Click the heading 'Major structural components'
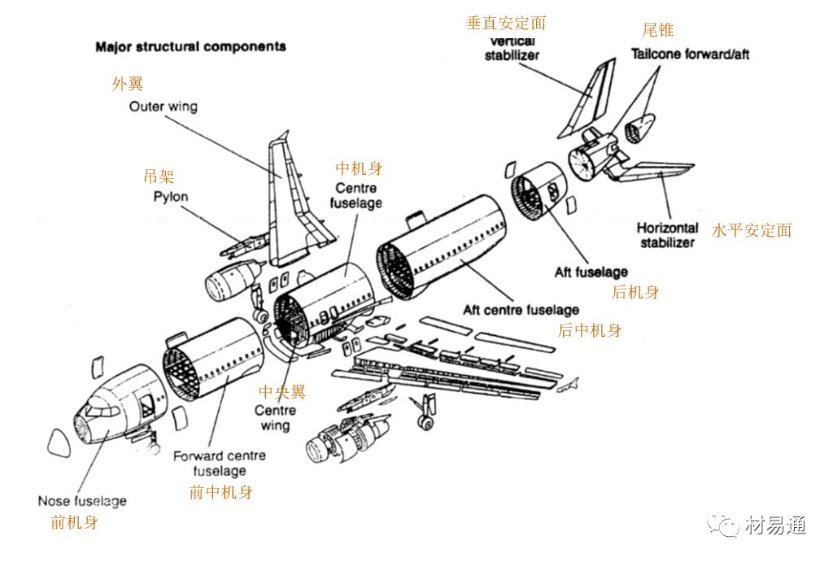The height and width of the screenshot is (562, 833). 190,46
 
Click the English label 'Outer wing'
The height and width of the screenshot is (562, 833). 163,107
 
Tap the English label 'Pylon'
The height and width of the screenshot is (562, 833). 170,197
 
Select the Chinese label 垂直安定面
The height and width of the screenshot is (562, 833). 505,24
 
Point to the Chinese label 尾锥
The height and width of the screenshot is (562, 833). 658,30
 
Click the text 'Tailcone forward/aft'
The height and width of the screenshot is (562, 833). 690,54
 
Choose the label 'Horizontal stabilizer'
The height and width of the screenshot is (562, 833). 667,235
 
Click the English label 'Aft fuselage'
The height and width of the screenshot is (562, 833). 591,272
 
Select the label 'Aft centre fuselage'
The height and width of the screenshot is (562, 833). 521,310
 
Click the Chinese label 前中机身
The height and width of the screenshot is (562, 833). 220,492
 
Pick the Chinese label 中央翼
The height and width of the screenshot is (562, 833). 281,392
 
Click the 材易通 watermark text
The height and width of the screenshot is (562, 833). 775,526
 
